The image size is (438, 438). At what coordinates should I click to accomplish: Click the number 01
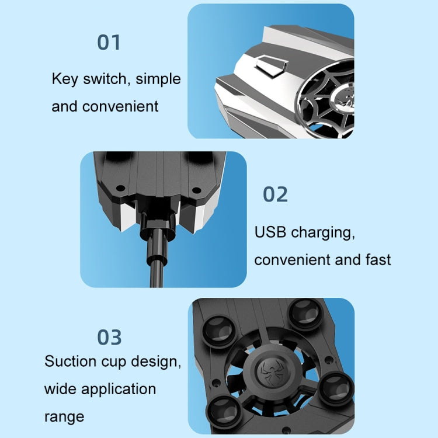[109, 43]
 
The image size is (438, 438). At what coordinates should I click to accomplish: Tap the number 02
[275, 194]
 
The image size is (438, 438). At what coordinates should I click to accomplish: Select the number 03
[109, 337]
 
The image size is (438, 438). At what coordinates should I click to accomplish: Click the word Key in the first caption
[64, 79]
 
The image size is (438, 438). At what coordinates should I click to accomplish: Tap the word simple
[158, 79]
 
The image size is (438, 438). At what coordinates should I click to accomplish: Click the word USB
[270, 232]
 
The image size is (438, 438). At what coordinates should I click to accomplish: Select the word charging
[323, 233]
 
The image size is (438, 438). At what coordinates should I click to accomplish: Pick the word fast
[378, 259]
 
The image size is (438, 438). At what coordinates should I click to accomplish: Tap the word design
[156, 362]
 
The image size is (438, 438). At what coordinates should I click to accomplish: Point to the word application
[119, 390]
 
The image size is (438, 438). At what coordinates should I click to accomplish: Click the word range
[64, 418]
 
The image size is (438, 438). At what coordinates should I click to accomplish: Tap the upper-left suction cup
[219, 332]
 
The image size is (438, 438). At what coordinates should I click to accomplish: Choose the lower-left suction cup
[224, 412]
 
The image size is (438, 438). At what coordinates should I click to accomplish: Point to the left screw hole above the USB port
[120, 188]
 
